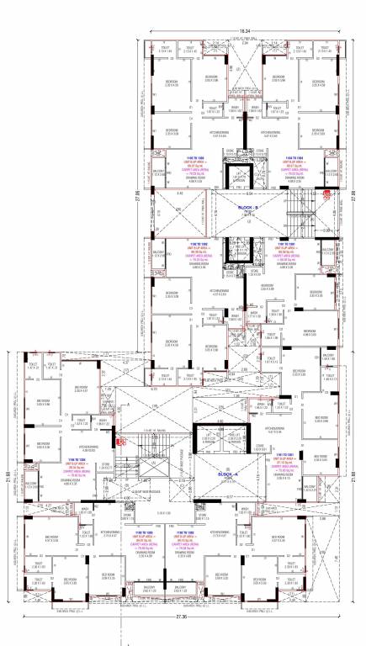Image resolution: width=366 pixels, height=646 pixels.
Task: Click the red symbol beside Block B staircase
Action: [326, 193]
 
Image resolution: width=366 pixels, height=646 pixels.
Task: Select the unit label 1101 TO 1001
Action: [294, 457]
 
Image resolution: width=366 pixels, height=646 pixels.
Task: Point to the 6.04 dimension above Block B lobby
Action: [249, 193]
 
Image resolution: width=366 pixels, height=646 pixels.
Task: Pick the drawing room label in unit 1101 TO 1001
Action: [294, 474]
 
